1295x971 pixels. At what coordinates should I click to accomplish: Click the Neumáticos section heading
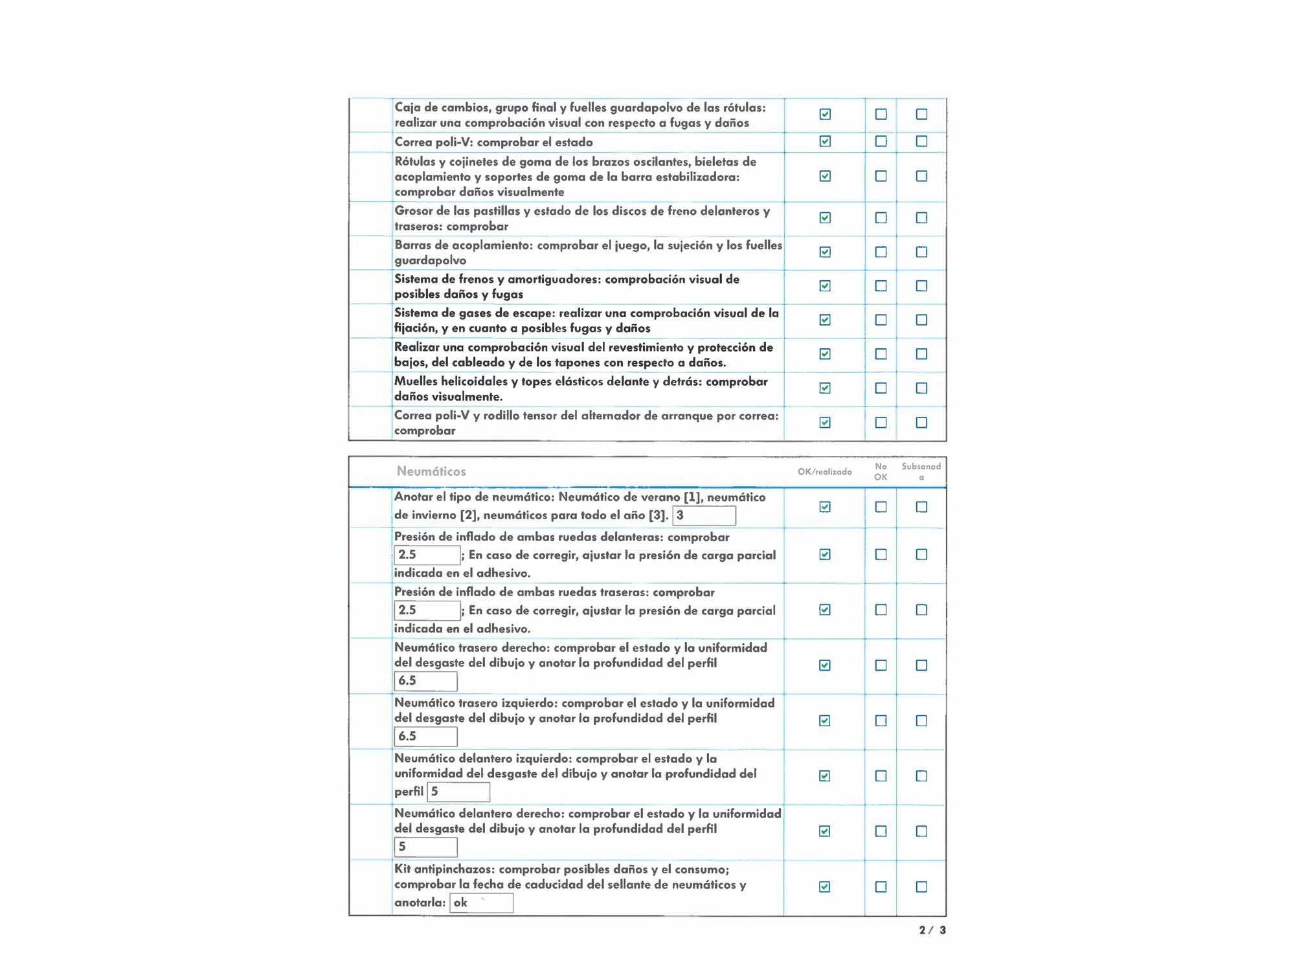point(431,471)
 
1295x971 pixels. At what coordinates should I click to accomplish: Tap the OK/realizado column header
point(824,472)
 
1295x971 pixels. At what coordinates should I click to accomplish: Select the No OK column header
point(881,471)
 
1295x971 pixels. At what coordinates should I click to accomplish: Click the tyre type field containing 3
point(704,516)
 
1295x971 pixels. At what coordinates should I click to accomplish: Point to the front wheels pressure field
point(427,555)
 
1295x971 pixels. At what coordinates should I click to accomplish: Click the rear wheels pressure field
point(427,610)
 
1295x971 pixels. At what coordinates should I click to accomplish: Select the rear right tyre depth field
point(425,681)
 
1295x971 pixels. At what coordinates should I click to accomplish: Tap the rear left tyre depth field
point(425,737)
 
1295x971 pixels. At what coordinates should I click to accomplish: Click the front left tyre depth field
point(458,792)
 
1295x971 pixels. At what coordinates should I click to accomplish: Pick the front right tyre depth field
point(425,847)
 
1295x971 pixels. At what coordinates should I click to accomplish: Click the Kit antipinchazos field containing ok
point(481,903)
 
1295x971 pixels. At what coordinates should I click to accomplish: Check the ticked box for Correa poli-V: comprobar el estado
point(825,141)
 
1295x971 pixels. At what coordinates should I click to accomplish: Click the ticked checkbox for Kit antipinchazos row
point(825,887)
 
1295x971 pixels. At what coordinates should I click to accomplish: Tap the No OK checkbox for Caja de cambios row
point(881,114)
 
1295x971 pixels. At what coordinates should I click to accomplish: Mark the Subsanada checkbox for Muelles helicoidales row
point(921,388)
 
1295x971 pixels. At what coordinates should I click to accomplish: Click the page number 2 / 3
point(932,930)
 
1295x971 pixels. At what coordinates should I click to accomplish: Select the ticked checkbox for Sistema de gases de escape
point(825,320)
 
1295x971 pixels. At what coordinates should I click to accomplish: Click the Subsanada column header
point(921,471)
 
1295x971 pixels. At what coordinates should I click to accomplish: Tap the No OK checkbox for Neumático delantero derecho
point(881,831)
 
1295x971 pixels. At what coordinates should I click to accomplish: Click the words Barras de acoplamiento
point(464,245)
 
